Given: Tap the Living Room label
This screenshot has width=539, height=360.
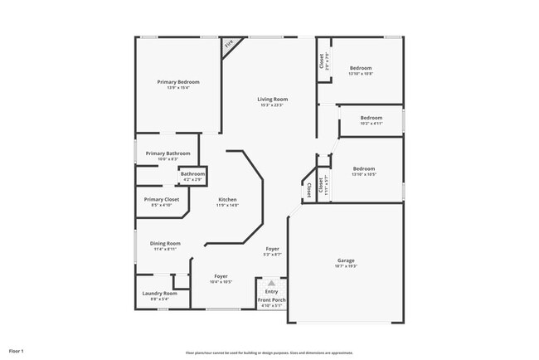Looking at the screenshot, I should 271,100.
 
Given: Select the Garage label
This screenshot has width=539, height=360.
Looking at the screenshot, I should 346,260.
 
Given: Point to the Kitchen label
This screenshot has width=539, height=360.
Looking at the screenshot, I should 228,199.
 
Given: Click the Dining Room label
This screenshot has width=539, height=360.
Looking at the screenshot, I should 165,243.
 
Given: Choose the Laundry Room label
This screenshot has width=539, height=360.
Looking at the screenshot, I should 159,293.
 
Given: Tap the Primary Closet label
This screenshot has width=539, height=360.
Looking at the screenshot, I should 161,199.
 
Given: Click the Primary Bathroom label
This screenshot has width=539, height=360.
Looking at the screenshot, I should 168,153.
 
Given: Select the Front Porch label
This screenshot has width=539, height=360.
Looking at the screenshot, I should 270,299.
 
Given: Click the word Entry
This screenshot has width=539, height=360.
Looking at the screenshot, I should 271,291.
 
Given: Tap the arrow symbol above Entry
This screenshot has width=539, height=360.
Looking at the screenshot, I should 271,282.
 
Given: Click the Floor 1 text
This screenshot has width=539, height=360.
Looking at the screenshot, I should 17,352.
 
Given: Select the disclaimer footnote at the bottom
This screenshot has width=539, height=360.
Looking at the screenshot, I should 269,352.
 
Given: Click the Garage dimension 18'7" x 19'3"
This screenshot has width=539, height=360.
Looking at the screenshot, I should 346,266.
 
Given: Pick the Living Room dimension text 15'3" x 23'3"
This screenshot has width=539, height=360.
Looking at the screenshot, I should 271,105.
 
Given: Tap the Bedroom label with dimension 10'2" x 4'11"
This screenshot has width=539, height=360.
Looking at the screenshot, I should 371,118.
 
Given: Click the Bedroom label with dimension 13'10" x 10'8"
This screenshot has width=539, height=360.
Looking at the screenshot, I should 361,68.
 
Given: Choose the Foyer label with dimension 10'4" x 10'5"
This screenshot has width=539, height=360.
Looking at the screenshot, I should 221,276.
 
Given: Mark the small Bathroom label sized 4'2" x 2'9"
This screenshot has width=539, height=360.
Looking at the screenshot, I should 192,174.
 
